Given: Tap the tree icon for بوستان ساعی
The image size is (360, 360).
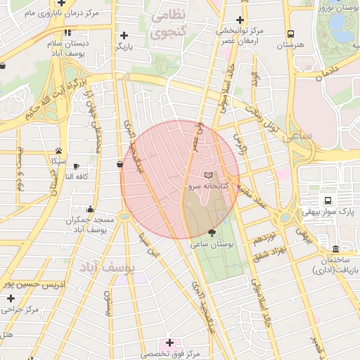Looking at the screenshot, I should [213, 232].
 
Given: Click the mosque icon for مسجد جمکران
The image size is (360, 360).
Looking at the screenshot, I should [90, 209].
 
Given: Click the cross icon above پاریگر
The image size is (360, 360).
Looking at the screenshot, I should [124, 35].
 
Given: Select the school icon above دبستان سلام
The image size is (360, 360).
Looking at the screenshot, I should [67, 32].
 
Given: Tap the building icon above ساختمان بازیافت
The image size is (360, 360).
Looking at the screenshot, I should [336, 250].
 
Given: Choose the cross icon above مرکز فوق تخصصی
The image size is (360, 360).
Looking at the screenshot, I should [169, 342].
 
